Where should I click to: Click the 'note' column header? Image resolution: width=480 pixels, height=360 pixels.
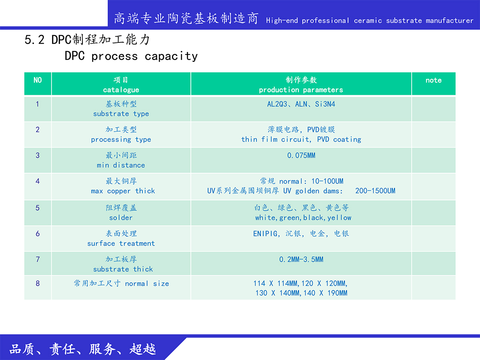(x=434, y=80)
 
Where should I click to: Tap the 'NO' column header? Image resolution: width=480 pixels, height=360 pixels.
(x=38, y=80)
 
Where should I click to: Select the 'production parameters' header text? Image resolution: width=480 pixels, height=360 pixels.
(x=301, y=90)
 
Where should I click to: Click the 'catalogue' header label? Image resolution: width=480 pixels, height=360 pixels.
(x=121, y=90)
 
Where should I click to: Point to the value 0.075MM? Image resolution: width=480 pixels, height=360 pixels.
(x=301, y=156)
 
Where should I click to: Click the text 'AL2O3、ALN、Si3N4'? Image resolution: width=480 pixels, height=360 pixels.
(x=301, y=104)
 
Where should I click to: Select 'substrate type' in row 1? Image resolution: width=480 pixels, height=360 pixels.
(x=121, y=114)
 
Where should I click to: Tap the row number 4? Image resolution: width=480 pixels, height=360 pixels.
(x=38, y=181)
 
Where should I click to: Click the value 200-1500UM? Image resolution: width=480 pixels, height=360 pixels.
(x=375, y=191)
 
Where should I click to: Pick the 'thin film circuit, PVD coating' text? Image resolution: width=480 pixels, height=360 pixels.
(x=301, y=139)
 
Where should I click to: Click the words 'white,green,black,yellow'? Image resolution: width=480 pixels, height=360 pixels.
(x=303, y=218)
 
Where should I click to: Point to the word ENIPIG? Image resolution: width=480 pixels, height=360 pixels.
(x=265, y=234)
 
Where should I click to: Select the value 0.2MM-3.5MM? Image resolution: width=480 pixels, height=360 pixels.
(x=301, y=260)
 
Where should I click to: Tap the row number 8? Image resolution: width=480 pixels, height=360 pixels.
(x=38, y=283)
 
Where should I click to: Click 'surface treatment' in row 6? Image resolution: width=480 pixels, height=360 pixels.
(x=121, y=243)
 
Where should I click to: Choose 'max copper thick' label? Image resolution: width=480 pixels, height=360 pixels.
(x=123, y=191)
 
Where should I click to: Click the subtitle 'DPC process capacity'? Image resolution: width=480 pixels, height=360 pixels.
(x=131, y=56)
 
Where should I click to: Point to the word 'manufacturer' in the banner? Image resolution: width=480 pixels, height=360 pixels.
(x=449, y=20)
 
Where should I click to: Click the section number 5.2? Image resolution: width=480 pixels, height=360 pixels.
(x=34, y=40)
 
